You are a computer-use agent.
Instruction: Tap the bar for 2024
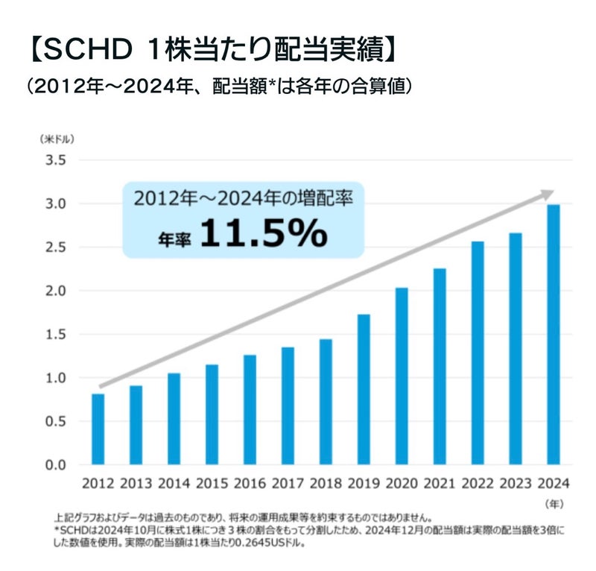click(x=554, y=335)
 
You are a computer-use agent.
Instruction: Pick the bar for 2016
click(x=250, y=410)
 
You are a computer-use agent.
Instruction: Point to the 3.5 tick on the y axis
click(x=57, y=160)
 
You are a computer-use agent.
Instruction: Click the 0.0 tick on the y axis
click(x=57, y=465)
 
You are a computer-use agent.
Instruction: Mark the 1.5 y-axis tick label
click(x=57, y=335)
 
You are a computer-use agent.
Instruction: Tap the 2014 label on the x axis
click(x=174, y=485)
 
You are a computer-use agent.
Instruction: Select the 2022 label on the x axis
click(x=478, y=485)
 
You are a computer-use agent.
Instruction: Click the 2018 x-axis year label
click(x=326, y=485)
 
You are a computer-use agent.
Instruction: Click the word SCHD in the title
click(x=81, y=51)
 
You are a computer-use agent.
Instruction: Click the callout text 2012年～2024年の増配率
click(x=243, y=199)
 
